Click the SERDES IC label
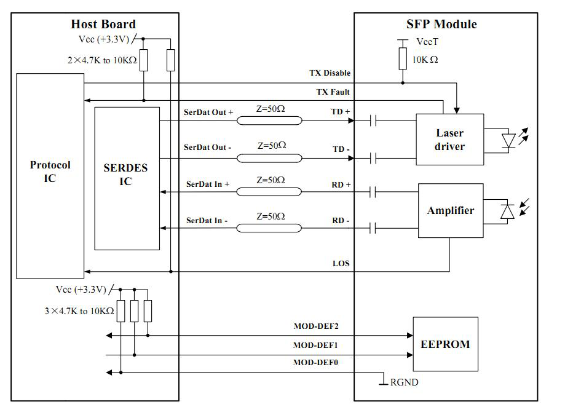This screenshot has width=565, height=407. pos(125,175)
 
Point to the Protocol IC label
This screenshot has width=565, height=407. pos(50,172)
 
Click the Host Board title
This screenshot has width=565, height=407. pos(103,24)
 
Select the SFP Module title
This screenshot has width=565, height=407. pos(441,24)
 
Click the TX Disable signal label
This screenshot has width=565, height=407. pos(330,73)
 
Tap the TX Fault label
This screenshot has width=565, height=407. pos(333,92)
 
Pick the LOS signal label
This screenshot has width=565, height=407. pos(341,263)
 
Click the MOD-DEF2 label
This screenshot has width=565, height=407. pos(316,326)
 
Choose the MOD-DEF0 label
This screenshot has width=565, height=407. pos(315,362)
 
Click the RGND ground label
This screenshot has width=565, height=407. pos(405,382)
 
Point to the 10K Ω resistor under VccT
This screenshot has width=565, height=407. pos(403,58)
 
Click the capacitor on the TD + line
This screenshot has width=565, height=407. pos(373,121)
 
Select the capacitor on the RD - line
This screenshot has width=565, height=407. pos(373,228)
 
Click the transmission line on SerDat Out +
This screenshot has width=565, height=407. pos(269,121)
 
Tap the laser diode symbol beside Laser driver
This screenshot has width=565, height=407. pos(508,140)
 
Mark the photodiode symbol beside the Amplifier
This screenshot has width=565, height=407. pos(508,211)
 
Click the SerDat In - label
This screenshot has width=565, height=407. pos(207,221)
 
